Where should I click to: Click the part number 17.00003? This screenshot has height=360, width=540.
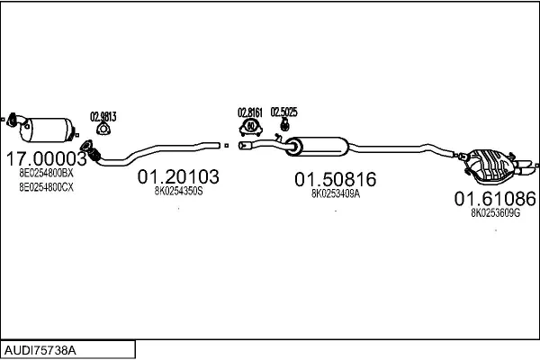pyautogui.click(x=47, y=158)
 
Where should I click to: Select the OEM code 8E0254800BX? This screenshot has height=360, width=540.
pyautogui.click(x=46, y=173)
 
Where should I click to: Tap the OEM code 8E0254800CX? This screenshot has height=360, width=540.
pyautogui.click(x=46, y=187)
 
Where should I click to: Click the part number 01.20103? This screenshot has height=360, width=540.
pyautogui.click(x=178, y=176)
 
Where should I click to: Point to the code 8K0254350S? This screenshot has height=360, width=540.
pyautogui.click(x=178, y=191)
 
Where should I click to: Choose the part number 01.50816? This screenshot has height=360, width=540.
pyautogui.click(x=335, y=179)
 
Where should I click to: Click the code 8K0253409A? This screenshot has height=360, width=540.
pyautogui.click(x=336, y=193)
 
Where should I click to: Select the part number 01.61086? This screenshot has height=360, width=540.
pyautogui.click(x=495, y=199)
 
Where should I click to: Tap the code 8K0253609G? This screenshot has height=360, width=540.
pyautogui.click(x=495, y=213)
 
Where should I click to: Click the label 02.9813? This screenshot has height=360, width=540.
pyautogui.click(x=103, y=117)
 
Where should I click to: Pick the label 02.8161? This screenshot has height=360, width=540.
pyautogui.click(x=250, y=112)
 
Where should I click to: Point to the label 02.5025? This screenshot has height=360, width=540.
pyautogui.click(x=283, y=112)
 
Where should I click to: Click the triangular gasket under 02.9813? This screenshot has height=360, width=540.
pyautogui.click(x=102, y=129)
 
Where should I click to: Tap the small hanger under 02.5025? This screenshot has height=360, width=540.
pyautogui.click(x=284, y=124)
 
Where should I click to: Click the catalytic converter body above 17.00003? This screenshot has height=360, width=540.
pyautogui.click(x=49, y=130)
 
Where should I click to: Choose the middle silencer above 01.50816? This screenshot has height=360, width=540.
pyautogui.click(x=317, y=147)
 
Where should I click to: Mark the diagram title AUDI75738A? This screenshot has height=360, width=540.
pyautogui.click(x=40, y=350)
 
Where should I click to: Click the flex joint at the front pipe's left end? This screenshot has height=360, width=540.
pyautogui.click(x=91, y=151)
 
